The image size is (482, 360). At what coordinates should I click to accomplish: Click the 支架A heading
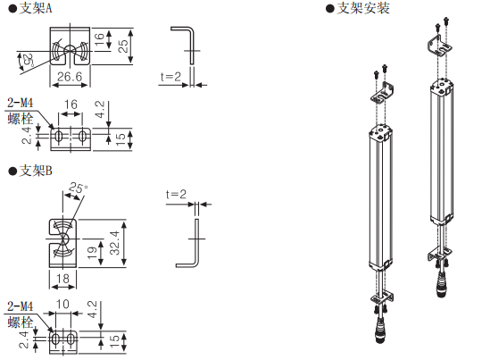36,8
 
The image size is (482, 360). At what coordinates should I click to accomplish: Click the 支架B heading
36,171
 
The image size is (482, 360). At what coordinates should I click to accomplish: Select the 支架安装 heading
363,8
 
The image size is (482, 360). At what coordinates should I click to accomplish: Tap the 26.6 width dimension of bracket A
70,76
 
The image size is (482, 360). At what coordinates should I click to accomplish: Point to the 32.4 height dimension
115,243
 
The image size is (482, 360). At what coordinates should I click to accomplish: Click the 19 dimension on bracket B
92,253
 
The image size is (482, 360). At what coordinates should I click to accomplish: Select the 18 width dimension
62,279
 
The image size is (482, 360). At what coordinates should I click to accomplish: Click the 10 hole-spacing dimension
62,304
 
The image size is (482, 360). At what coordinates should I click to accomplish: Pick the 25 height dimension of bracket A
123,46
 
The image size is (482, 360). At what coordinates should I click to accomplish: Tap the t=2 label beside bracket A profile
170,76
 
